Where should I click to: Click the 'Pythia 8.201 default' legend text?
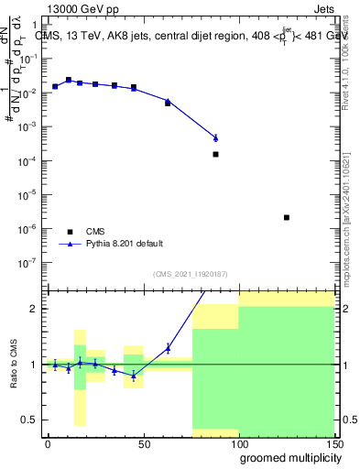(125, 244)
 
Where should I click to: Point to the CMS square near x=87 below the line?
(215, 154)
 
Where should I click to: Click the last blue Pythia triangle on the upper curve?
(215, 137)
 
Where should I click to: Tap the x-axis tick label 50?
(143, 443)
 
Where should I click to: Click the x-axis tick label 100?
(238, 443)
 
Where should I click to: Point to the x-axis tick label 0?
(48, 443)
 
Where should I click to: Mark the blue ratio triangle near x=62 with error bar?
(168, 347)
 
